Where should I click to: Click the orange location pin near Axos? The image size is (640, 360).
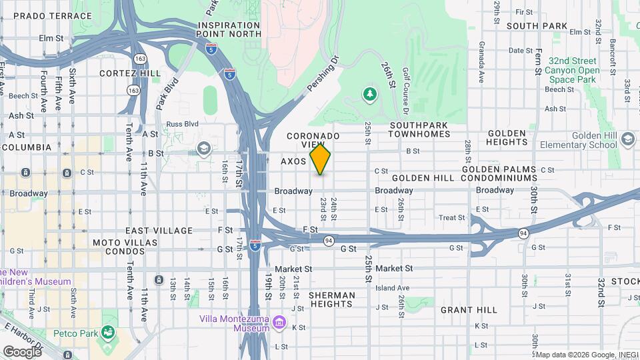[x=320, y=160]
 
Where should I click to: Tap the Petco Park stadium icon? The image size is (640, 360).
[x=107, y=331]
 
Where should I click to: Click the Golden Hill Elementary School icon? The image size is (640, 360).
[x=627, y=139]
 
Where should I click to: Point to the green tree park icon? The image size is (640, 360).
[x=369, y=94]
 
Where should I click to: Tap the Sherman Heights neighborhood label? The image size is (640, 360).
[x=331, y=299]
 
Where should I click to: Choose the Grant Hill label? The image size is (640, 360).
[x=469, y=310]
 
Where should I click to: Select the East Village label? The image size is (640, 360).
[x=159, y=231]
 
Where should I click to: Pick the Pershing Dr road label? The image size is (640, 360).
[x=323, y=74]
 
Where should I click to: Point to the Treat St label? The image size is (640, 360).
[x=451, y=218]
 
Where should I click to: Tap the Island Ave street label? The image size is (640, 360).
[x=392, y=288]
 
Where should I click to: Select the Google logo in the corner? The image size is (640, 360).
[x=22, y=351]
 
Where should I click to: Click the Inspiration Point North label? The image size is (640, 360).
[x=229, y=30]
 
